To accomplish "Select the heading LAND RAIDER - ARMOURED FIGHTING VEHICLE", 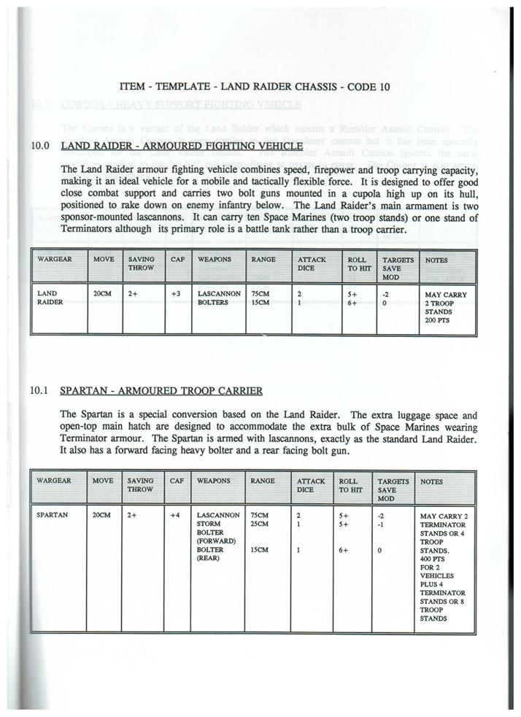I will (181, 147).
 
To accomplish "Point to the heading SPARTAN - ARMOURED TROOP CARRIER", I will (161, 391).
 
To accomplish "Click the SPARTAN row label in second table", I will (52, 515).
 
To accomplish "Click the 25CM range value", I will (259, 524).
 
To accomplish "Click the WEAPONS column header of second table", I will (213, 481).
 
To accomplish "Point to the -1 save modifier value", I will (380, 524).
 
